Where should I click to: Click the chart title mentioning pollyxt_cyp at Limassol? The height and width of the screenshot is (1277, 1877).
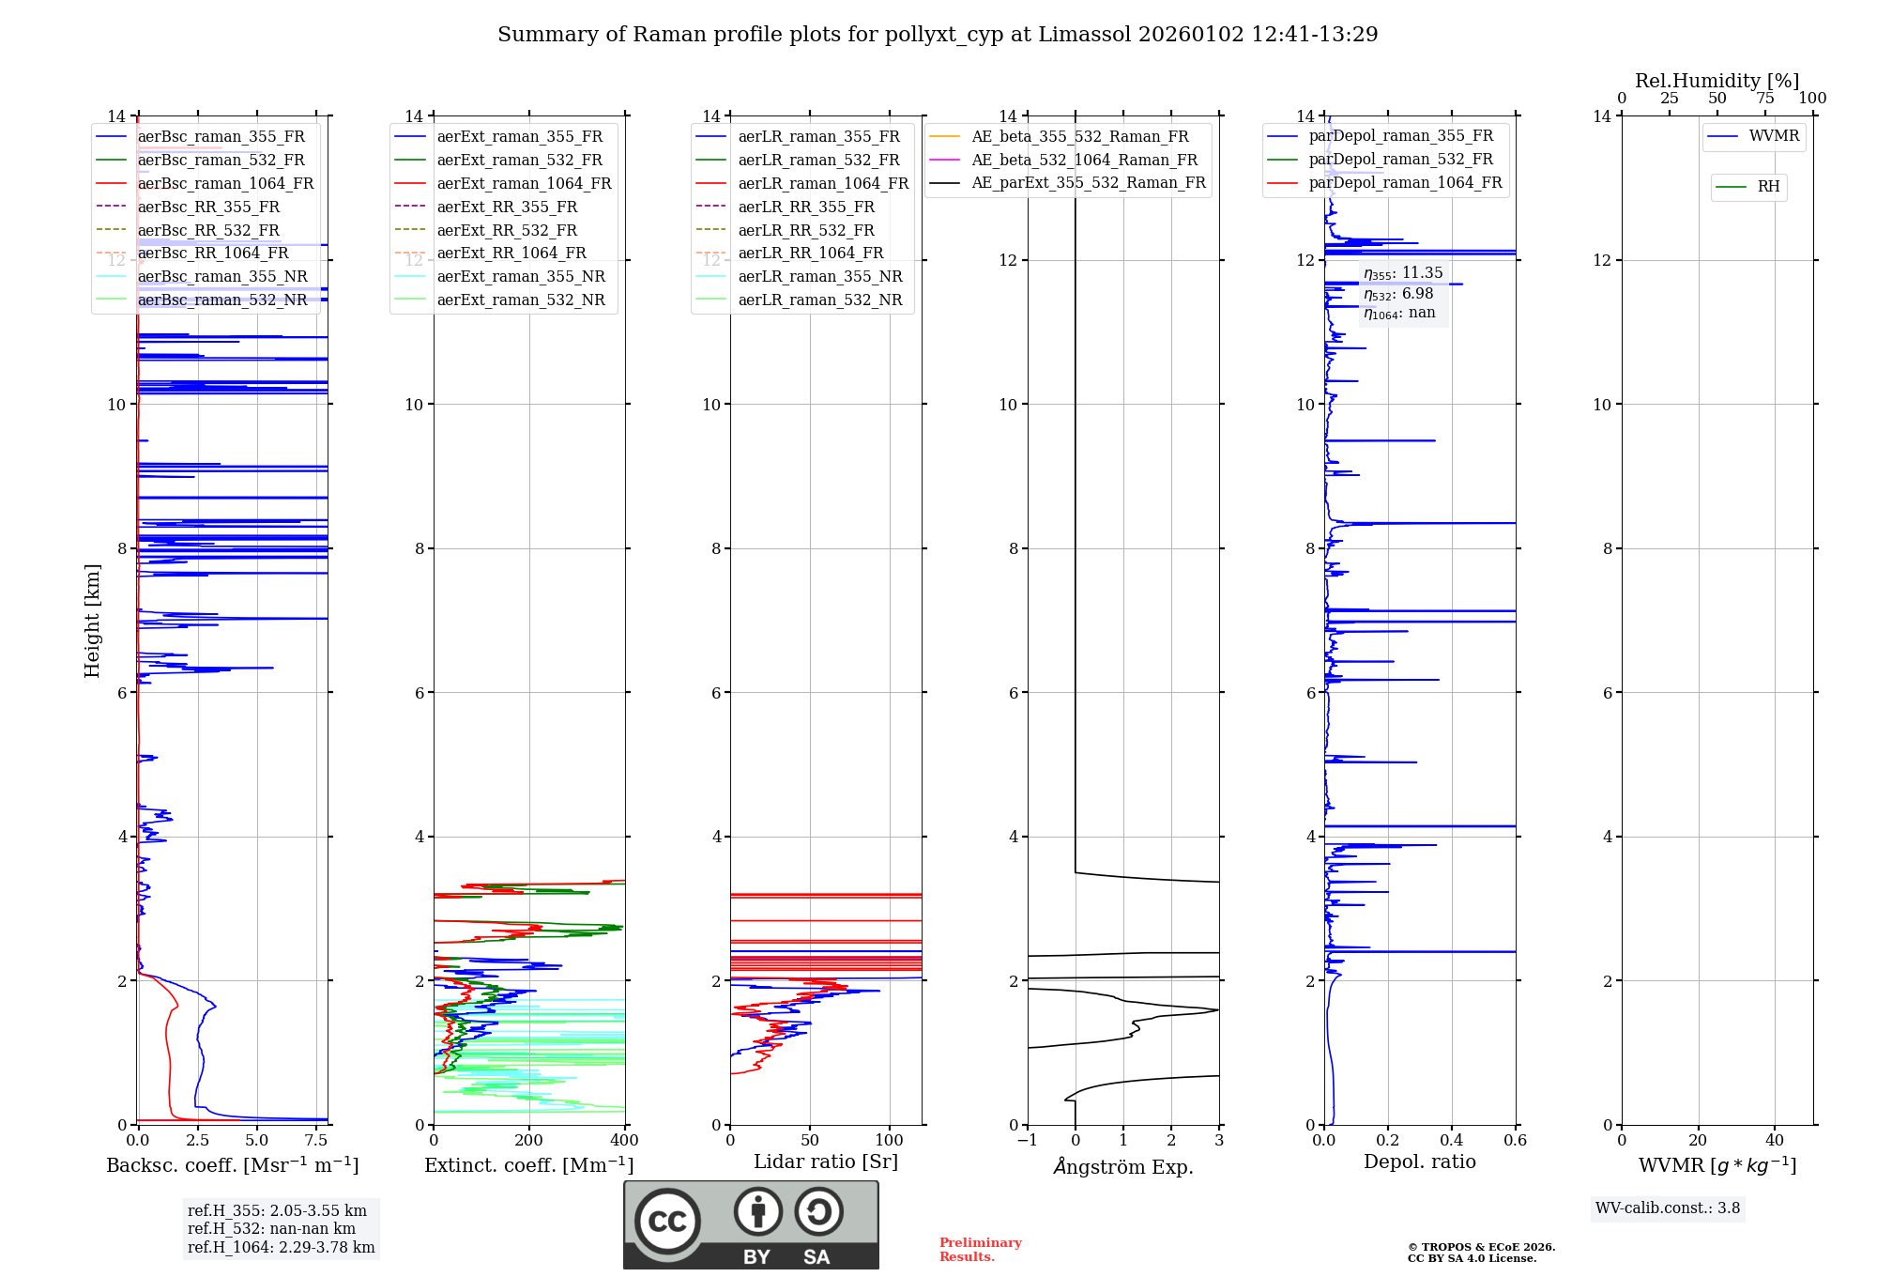937,35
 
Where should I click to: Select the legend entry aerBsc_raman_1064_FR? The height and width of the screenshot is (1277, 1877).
225,184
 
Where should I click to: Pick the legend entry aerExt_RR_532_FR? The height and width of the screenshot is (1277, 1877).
507,230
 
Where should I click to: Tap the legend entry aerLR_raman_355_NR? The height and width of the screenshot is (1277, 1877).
819,277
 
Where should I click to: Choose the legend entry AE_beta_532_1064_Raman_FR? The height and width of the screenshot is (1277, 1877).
1084,161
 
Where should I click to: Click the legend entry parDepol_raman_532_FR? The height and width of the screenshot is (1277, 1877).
1400,160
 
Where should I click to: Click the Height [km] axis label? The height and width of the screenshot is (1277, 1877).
92,620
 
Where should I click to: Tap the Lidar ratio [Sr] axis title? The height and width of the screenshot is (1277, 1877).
826,1162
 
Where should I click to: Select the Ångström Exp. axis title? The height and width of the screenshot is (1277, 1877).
1123,1167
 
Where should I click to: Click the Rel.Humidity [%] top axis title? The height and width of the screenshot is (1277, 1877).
1717,81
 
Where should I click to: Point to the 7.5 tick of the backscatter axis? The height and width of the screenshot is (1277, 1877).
316,1141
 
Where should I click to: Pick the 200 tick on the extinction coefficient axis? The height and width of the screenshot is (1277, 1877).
529,1141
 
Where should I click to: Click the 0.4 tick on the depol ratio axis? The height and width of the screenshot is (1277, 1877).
1452,1141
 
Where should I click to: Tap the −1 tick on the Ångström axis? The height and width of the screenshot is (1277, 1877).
1027,1141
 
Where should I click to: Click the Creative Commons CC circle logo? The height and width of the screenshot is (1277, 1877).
668,1221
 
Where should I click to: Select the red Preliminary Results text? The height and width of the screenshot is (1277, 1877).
980,1250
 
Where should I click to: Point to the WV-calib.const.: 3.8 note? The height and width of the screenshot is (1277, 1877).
1668,1208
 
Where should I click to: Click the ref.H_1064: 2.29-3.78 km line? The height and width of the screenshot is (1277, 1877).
281,1248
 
